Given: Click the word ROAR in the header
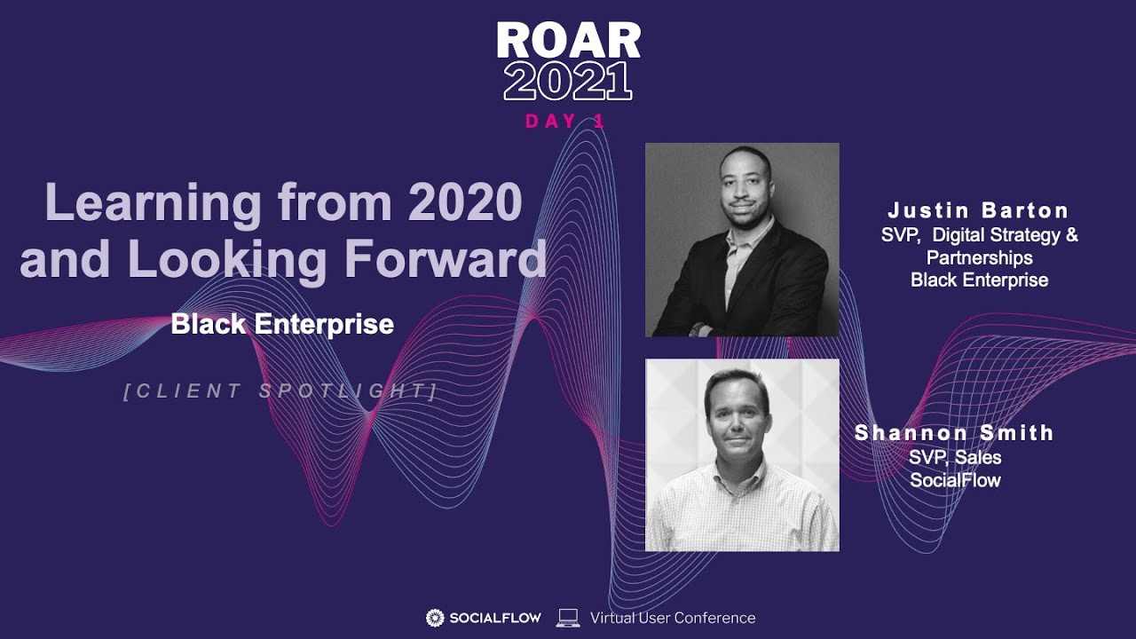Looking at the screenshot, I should pyautogui.click(x=568, y=41).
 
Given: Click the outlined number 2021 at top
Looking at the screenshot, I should pyautogui.click(x=568, y=82).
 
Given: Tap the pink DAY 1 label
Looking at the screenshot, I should pyautogui.click(x=565, y=122).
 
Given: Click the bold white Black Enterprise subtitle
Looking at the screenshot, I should pyautogui.click(x=282, y=324).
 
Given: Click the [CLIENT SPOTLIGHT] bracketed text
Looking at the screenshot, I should pyautogui.click(x=280, y=391).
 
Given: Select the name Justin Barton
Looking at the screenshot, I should pyautogui.click(x=979, y=211).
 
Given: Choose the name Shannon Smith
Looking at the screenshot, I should pyautogui.click(x=954, y=433).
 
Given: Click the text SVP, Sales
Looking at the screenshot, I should pyautogui.click(x=955, y=458).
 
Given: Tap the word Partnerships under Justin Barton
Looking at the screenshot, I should pyautogui.click(x=979, y=257).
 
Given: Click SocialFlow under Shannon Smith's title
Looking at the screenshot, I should pyautogui.click(x=955, y=481).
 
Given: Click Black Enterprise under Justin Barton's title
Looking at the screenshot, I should pyautogui.click(x=979, y=280).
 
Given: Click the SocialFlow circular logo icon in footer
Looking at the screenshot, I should pyautogui.click(x=435, y=618).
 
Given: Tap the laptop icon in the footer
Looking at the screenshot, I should pyautogui.click(x=568, y=618).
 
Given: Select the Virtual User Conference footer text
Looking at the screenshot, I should pyautogui.click(x=673, y=618).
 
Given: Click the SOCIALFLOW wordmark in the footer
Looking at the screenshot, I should pyautogui.click(x=494, y=618).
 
